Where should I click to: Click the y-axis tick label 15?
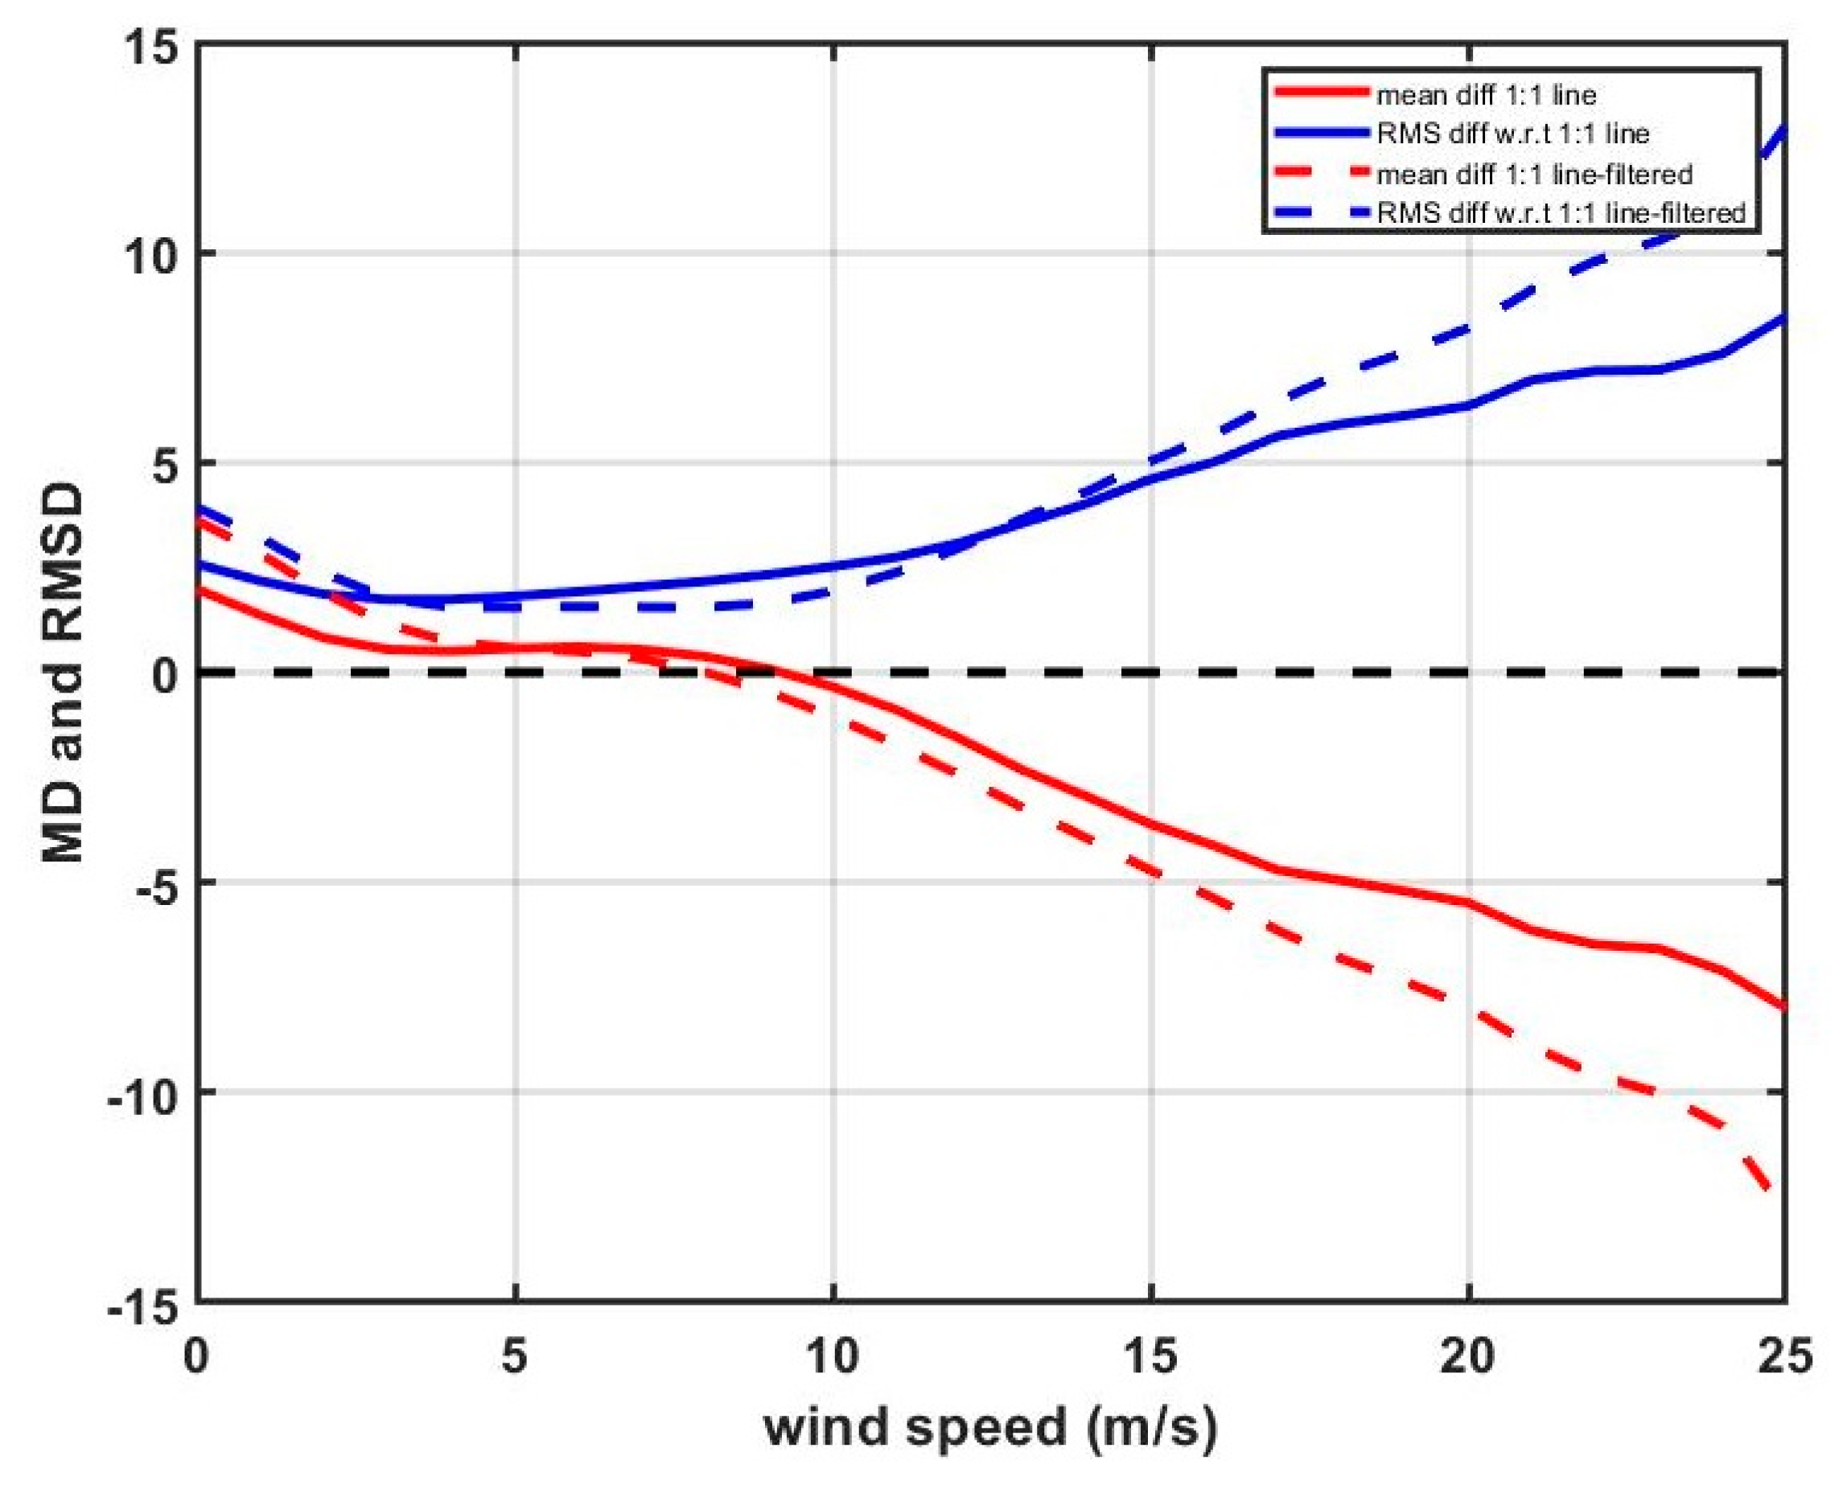coord(153,44)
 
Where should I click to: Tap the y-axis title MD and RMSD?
coord(64,674)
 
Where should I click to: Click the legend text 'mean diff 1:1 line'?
coord(1486,94)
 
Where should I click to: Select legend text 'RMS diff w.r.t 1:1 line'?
coord(1512,134)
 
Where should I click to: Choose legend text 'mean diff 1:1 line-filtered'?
coord(1534,175)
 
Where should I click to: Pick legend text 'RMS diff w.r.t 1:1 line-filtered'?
coord(1561,212)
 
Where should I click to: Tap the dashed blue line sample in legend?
coord(1322,211)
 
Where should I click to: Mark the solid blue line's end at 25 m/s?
coord(1783,320)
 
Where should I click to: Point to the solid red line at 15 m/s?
coord(1150,825)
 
